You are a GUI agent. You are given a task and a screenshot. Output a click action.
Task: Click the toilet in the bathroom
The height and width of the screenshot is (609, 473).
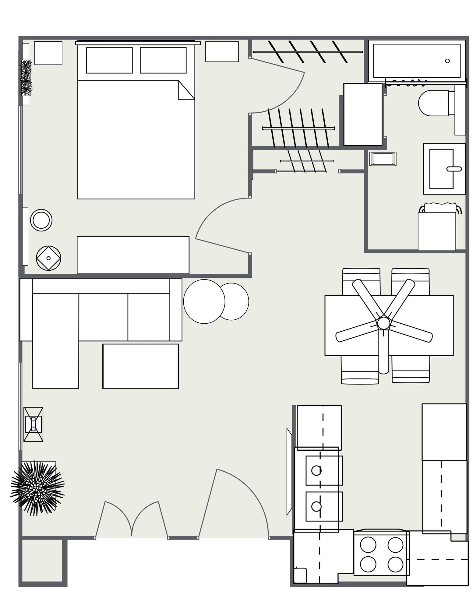pos(433,103)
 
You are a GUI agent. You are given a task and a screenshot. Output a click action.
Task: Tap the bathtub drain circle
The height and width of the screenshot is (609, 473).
pos(447,61)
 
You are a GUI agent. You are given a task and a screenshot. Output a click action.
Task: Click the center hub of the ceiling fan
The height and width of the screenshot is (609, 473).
pos(383,323)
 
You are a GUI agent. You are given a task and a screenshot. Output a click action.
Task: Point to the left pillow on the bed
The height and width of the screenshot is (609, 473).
pos(109,60)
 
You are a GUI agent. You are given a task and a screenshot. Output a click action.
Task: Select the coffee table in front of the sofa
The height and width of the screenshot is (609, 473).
pos(140,366)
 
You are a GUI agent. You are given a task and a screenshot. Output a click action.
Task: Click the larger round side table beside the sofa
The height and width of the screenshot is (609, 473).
pos(204,301)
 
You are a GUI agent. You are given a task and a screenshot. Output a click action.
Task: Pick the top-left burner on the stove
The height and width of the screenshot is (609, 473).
pos(368,545)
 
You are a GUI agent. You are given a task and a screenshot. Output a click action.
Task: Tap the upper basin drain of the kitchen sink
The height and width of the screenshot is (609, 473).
pos(316,470)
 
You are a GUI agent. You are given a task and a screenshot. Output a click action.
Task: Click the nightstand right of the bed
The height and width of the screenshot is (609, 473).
pos(222,51)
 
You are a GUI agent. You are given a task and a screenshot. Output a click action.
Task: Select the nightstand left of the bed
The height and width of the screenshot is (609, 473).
pos(48,53)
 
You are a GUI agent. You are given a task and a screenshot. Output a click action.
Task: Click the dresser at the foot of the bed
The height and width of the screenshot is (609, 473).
pos(133,255)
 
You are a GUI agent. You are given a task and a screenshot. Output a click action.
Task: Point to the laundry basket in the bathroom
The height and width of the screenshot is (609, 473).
pos(437,229)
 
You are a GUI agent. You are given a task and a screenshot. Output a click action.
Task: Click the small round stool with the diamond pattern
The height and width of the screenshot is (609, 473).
pos(48,258)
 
